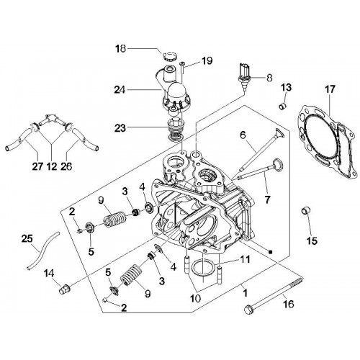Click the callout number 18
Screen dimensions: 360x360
coord(120,49)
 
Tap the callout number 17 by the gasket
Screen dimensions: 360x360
coord(330,89)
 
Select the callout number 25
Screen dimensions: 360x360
coord(27,239)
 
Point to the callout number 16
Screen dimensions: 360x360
coord(289,305)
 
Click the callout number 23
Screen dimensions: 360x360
coord(120,128)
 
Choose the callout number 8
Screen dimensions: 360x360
coord(269,78)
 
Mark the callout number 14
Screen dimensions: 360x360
coord(49,274)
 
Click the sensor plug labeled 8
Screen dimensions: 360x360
coord(243,75)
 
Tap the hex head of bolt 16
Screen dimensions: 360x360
coord(248,309)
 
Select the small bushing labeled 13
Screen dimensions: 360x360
coord(282,105)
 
